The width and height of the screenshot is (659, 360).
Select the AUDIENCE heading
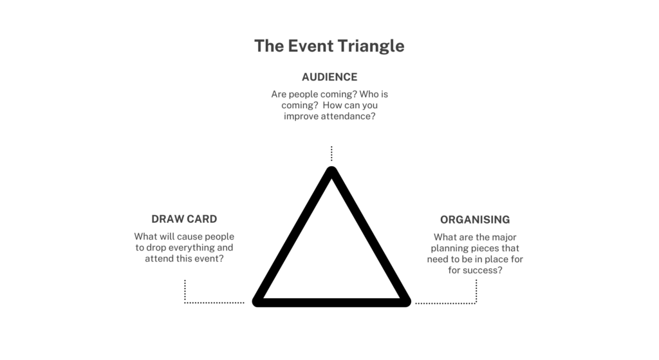(329, 77)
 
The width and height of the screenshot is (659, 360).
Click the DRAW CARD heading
(184, 219)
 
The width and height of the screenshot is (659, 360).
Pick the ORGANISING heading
(475, 220)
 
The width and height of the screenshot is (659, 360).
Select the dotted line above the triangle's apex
(331, 153)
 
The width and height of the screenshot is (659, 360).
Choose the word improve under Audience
(301, 117)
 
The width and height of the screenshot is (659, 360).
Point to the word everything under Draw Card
(192, 248)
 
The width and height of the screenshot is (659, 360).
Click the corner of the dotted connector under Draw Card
(185, 303)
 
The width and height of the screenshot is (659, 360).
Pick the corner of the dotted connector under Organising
(476, 303)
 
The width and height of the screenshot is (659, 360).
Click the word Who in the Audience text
(369, 94)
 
